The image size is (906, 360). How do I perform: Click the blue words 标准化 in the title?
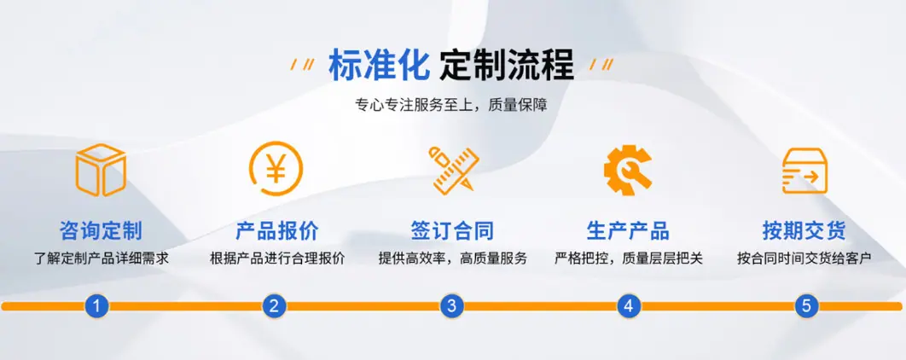pos(379,64)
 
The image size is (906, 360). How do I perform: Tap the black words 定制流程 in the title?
pos(507,64)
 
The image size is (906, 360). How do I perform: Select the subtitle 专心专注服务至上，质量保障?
pos(451,106)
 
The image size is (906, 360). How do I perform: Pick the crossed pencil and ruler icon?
pos(454,169)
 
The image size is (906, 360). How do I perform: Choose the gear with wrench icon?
pos(628,169)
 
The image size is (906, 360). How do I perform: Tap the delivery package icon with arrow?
pos(804,171)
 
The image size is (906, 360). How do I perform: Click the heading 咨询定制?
pos(101,230)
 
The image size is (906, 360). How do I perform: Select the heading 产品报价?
pos(276,230)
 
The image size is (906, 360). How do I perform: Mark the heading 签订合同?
pos(452,230)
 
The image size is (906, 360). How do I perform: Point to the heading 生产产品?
pos(628,230)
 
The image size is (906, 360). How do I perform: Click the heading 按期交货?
pos(804,230)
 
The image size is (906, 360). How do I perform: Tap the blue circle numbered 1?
pos(97,305)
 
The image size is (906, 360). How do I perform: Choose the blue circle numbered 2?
pos(275,305)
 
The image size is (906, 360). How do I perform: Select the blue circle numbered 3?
pos(452,305)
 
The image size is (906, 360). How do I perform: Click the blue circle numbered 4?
pos(629,305)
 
